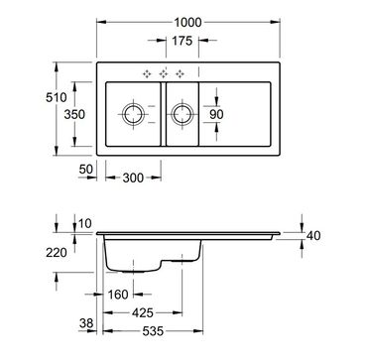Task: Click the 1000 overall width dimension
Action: tap(187, 23)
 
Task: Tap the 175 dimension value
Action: tap(182, 41)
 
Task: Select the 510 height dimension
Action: tap(57, 97)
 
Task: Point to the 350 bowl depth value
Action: tap(74, 114)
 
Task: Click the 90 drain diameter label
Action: tap(216, 114)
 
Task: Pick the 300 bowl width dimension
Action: tap(133, 179)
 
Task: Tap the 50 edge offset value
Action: tap(86, 170)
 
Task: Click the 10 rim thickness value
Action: tap(85, 223)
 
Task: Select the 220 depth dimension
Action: tap(57, 253)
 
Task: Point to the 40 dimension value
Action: tap(313, 236)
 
